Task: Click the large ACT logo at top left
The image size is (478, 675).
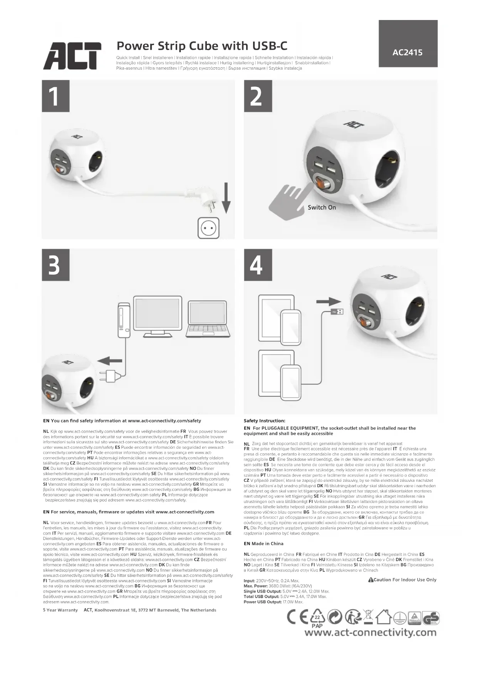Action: [x=72, y=56]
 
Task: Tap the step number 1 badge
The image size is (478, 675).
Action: [x=55, y=96]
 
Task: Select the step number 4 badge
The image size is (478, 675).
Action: [x=258, y=265]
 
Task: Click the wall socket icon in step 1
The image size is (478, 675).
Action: [x=208, y=228]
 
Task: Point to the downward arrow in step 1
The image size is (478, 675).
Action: [x=226, y=198]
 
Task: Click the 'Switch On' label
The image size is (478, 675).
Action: [x=322, y=207]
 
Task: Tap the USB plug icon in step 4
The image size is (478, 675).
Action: [x=337, y=311]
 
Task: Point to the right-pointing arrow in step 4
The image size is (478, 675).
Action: [x=328, y=302]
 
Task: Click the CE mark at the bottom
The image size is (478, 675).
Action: [x=298, y=617]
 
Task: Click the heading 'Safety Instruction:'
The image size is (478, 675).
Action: [x=264, y=421]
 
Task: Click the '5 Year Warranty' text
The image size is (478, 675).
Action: [x=60, y=610]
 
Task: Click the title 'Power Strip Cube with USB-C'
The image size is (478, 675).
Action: [x=202, y=46]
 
